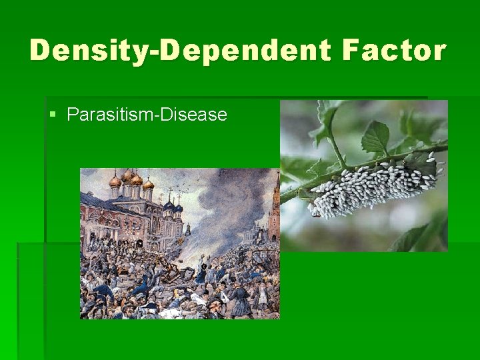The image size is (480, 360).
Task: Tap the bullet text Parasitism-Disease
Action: coord(147,115)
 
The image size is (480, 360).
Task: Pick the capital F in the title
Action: coord(355,51)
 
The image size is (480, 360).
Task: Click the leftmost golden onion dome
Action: coord(115,180)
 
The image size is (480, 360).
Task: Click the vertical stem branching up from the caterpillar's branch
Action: coord(333,140)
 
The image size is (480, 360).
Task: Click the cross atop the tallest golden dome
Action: coord(128,171)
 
